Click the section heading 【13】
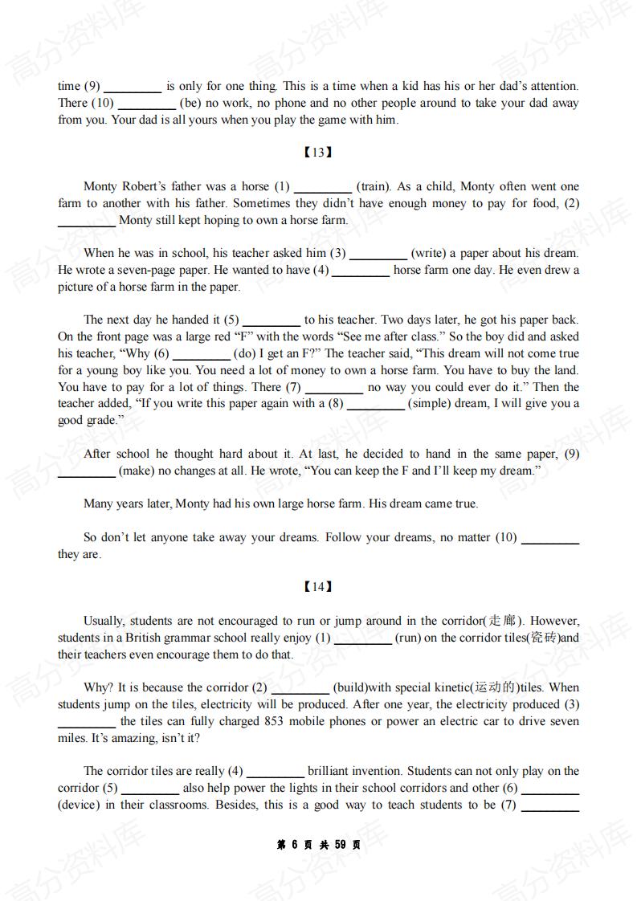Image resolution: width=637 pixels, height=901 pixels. (x=318, y=153)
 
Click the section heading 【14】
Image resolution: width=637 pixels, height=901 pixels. (x=318, y=587)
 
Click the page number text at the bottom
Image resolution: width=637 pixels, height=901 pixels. (x=318, y=845)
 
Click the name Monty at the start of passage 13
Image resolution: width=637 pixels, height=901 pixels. (x=100, y=186)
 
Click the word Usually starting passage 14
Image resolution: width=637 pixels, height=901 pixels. (x=104, y=621)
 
